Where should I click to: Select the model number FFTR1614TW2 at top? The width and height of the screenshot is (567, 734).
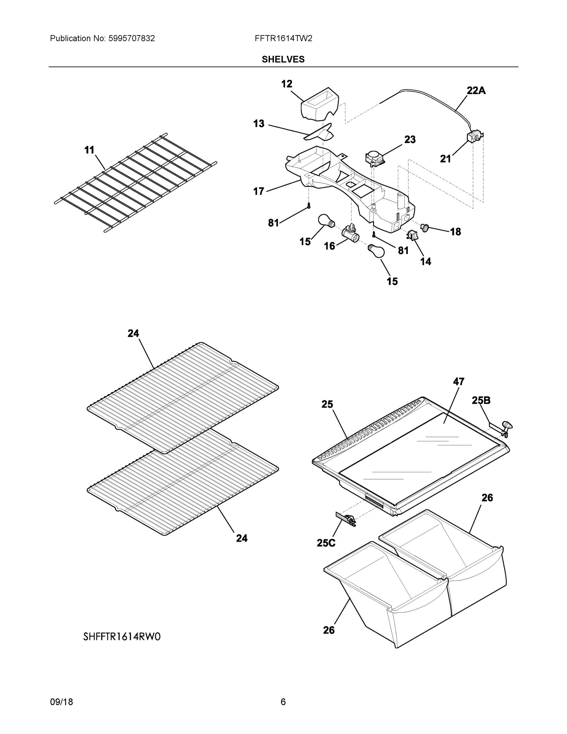(283, 38)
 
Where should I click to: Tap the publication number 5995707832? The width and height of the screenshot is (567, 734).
(131, 38)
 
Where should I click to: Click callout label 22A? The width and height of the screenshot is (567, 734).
(476, 91)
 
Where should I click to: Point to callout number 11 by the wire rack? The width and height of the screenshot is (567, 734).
(89, 150)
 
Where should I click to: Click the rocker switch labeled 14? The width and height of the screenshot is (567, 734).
(412, 235)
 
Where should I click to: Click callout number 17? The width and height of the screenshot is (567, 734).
(259, 191)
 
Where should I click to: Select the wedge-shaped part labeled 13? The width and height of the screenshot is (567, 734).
(319, 135)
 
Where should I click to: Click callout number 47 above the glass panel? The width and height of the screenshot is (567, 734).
(458, 381)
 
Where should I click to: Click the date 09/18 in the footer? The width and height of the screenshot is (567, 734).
(61, 702)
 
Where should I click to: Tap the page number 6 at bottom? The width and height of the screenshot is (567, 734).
(283, 702)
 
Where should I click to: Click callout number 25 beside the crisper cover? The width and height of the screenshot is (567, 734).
(327, 404)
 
